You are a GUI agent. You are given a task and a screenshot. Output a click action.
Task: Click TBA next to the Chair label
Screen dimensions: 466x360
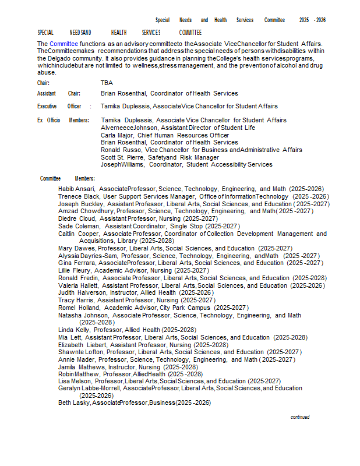click(x=107, y=83)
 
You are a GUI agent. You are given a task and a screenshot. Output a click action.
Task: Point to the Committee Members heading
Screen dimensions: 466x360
click(x=68, y=178)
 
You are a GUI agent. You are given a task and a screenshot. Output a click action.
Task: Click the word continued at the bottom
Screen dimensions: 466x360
click(x=300, y=417)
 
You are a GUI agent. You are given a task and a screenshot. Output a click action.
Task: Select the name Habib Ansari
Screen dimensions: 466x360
click(x=77, y=189)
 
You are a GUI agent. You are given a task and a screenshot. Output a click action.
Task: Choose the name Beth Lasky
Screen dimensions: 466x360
click(x=73, y=403)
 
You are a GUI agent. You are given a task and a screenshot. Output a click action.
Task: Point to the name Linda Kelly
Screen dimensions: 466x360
click(x=74, y=330)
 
